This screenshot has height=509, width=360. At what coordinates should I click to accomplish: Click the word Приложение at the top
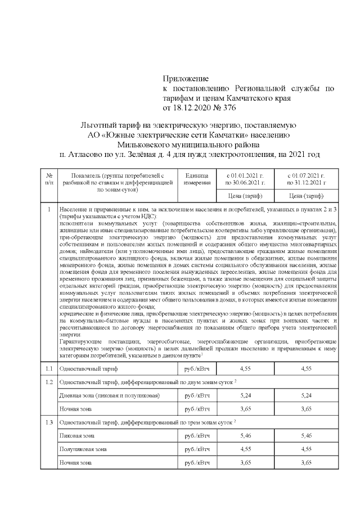pyautogui.click(x=186, y=78)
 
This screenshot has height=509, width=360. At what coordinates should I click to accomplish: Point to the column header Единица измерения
pyautogui.click(x=196, y=179)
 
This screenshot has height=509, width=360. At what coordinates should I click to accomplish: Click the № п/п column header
pyautogui.click(x=49, y=179)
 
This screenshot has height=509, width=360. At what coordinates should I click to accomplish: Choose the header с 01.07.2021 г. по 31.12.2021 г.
pyautogui.click(x=306, y=179)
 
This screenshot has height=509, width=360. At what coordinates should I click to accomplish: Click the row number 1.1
pyautogui.click(x=49, y=369)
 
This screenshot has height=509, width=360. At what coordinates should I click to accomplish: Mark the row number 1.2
pyautogui.click(x=49, y=382)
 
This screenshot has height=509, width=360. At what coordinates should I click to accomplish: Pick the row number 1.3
pyautogui.click(x=49, y=422)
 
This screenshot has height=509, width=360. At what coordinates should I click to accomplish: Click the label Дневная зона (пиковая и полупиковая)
pyautogui.click(x=109, y=395)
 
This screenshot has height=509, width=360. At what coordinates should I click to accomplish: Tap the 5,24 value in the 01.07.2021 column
pyautogui.click(x=306, y=395)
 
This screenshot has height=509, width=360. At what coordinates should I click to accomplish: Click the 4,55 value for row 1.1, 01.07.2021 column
pyautogui.click(x=306, y=369)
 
